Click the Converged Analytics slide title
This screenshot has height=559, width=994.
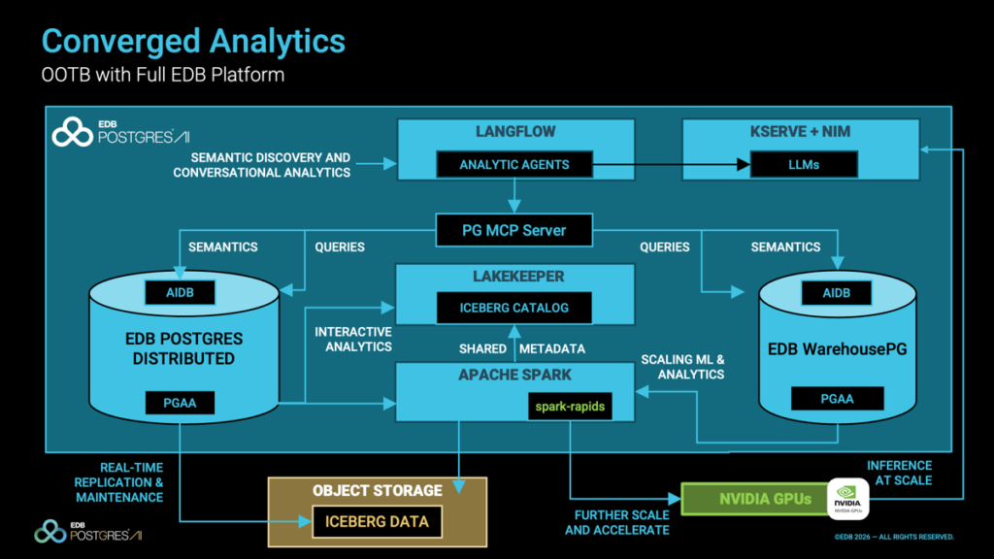coord(193,41)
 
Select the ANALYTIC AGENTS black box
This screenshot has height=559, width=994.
coord(514,165)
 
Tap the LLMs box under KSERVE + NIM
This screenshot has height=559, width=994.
coord(805,165)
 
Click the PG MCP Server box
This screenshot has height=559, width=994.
coord(514,230)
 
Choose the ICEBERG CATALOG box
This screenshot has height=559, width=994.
coord(514,309)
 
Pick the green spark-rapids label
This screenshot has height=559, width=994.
coord(570,407)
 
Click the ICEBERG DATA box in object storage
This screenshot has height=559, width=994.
coord(376,522)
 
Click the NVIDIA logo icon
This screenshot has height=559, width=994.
coord(846,500)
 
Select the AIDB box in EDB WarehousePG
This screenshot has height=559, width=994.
coord(836,292)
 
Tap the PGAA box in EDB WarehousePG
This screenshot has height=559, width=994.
coord(836,398)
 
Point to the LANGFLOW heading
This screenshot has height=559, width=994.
coord(514,131)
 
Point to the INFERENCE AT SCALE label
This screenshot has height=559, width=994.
coord(899,473)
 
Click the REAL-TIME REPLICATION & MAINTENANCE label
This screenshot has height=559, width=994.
coord(119,482)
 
